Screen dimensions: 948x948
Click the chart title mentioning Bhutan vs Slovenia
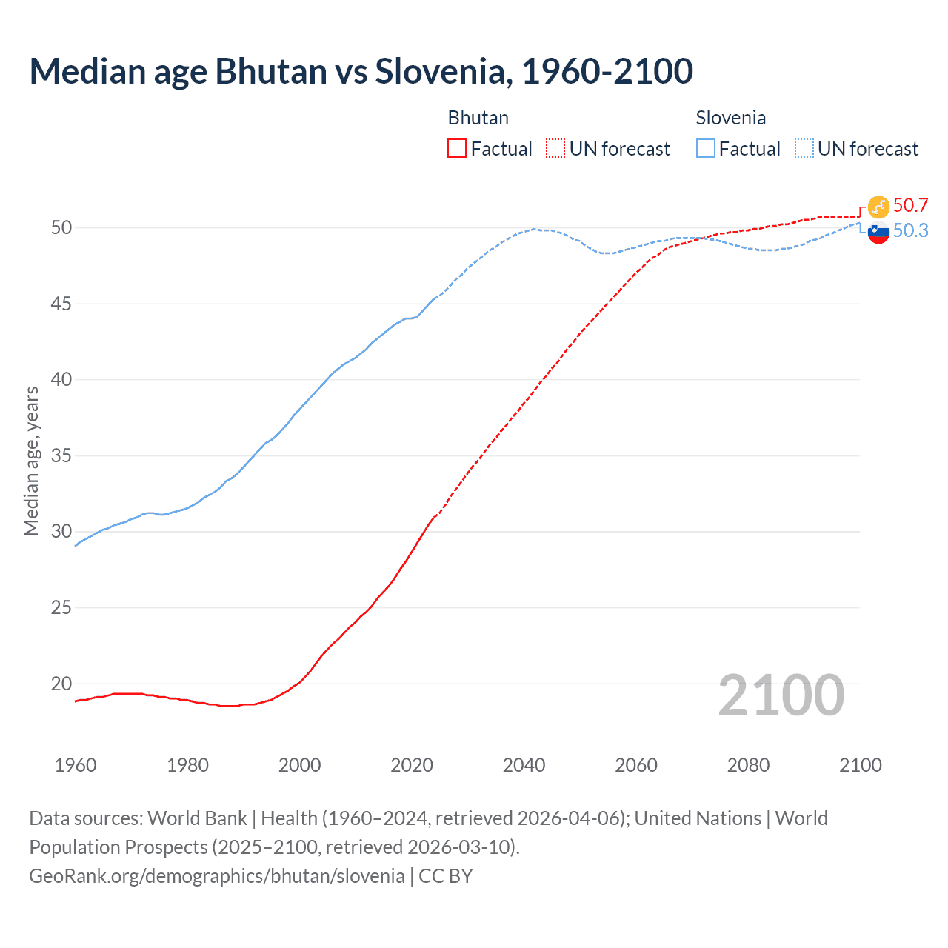point(361,71)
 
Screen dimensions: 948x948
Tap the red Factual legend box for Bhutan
point(457,148)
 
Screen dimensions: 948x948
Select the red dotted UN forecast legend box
point(555,148)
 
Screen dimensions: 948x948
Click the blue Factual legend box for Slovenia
point(706,148)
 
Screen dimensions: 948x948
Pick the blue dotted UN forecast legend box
point(804,148)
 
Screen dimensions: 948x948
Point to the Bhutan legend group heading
point(478,118)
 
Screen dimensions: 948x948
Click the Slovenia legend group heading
point(730,118)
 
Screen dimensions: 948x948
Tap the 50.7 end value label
point(910,205)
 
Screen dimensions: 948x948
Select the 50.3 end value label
point(910,230)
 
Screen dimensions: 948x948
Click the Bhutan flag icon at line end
point(878,207)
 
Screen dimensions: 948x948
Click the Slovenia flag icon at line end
point(878,233)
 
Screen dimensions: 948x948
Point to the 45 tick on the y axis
point(61,304)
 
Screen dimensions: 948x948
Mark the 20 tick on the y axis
point(61,684)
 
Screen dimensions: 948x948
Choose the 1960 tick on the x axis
point(76,765)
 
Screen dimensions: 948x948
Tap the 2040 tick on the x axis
point(524,765)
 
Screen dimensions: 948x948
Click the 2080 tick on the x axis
point(748,765)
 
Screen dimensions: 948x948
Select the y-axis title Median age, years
point(31,461)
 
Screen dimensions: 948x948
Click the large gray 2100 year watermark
point(781,695)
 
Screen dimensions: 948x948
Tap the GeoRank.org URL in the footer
point(216,875)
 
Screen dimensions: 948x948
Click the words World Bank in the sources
point(197,818)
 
